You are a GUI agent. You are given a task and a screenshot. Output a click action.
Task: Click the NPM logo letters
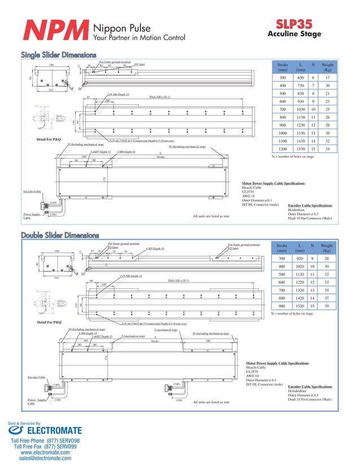click(55, 32)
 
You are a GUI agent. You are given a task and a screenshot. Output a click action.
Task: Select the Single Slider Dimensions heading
click(59, 55)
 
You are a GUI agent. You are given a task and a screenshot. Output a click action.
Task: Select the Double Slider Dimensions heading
click(60, 235)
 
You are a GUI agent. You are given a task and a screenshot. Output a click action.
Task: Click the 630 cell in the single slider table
click(301, 77)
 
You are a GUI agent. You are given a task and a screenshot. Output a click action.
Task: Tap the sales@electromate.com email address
click(45, 459)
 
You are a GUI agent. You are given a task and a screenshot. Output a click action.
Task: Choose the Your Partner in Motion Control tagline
click(139, 38)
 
